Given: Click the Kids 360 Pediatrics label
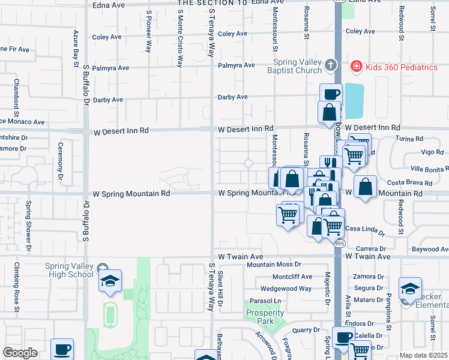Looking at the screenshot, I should pos(402,67).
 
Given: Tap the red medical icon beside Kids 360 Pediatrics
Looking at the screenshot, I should pos(357,66).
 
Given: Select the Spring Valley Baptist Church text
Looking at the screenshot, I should pos(297,67).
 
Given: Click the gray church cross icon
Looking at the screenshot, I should pos(330,64).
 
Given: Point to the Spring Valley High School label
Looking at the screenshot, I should pos(69,270).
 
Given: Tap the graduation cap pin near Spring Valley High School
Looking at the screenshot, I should pos(110,281).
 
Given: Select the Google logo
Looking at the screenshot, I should pos(20,353).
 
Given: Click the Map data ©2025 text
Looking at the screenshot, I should pos(423,355).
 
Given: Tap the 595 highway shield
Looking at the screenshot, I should pos(340,243).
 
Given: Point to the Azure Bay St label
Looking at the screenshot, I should pos(77,47).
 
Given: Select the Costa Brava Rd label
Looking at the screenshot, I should pos(410,182).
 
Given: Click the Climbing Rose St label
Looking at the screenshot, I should pos(17,289).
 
